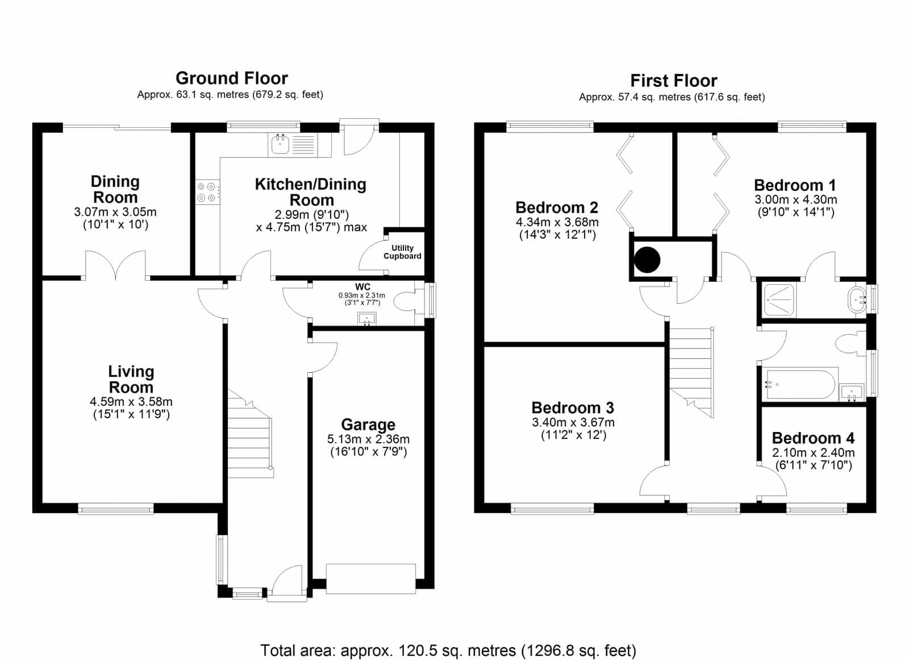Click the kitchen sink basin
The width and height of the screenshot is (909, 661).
(x=280, y=144)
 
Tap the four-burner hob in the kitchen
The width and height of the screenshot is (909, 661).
(x=207, y=192)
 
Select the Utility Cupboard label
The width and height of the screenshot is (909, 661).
(x=402, y=252)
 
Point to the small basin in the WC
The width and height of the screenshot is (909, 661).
(x=366, y=319)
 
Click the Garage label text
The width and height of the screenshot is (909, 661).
(x=368, y=425)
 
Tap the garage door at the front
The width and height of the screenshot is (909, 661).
(x=370, y=579)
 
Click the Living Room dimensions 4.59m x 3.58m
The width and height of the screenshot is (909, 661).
(x=131, y=402)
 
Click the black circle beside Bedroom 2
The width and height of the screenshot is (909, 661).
(x=647, y=259)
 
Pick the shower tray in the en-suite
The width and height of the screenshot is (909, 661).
(x=779, y=300)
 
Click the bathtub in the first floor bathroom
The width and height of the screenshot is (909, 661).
(x=800, y=384)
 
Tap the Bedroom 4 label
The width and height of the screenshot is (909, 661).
(x=813, y=438)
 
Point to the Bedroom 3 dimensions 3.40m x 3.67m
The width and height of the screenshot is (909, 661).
(x=573, y=422)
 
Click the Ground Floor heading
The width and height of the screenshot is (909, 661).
(x=232, y=78)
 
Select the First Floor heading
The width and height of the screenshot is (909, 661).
(x=674, y=80)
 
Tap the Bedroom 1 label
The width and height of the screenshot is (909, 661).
(x=795, y=185)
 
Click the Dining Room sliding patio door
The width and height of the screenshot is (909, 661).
(x=116, y=127)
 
